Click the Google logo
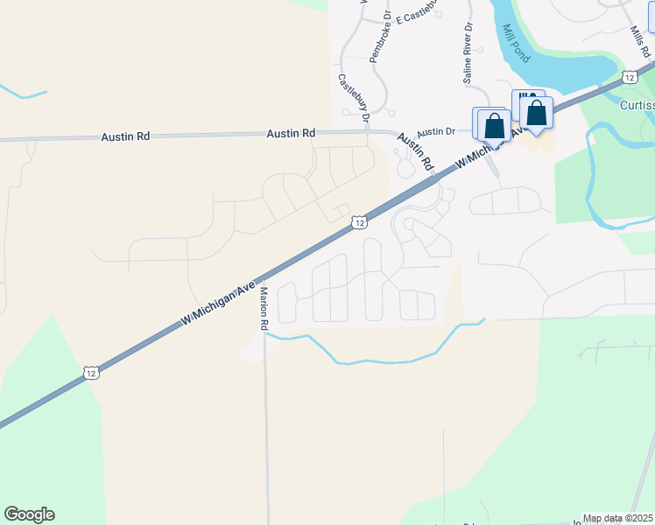[x=29, y=514]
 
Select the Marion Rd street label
[x=263, y=307]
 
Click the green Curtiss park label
[x=635, y=105]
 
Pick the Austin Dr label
[x=436, y=129]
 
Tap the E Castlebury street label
[x=417, y=17]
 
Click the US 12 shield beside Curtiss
[x=630, y=77]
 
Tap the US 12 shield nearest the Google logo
[x=91, y=373]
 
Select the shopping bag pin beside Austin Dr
[x=495, y=125]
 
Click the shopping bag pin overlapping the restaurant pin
[x=536, y=112]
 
